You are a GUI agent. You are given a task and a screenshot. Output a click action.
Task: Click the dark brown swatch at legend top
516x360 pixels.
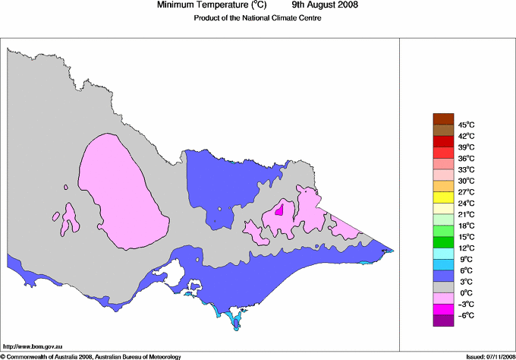point(443,118)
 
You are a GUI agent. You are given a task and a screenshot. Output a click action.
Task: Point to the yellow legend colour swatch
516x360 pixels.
point(443,197)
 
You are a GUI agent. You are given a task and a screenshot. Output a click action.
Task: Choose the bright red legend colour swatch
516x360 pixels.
point(443,141)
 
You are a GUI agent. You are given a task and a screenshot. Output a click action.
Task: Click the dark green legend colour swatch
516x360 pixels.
point(443,242)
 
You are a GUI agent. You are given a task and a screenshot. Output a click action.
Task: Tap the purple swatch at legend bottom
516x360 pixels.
point(443,321)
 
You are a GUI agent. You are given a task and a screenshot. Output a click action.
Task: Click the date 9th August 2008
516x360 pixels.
point(325,5)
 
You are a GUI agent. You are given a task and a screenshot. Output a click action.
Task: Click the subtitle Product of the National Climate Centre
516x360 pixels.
point(257,18)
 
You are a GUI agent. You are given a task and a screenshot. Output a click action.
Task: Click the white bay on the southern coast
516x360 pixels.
point(179,270)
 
